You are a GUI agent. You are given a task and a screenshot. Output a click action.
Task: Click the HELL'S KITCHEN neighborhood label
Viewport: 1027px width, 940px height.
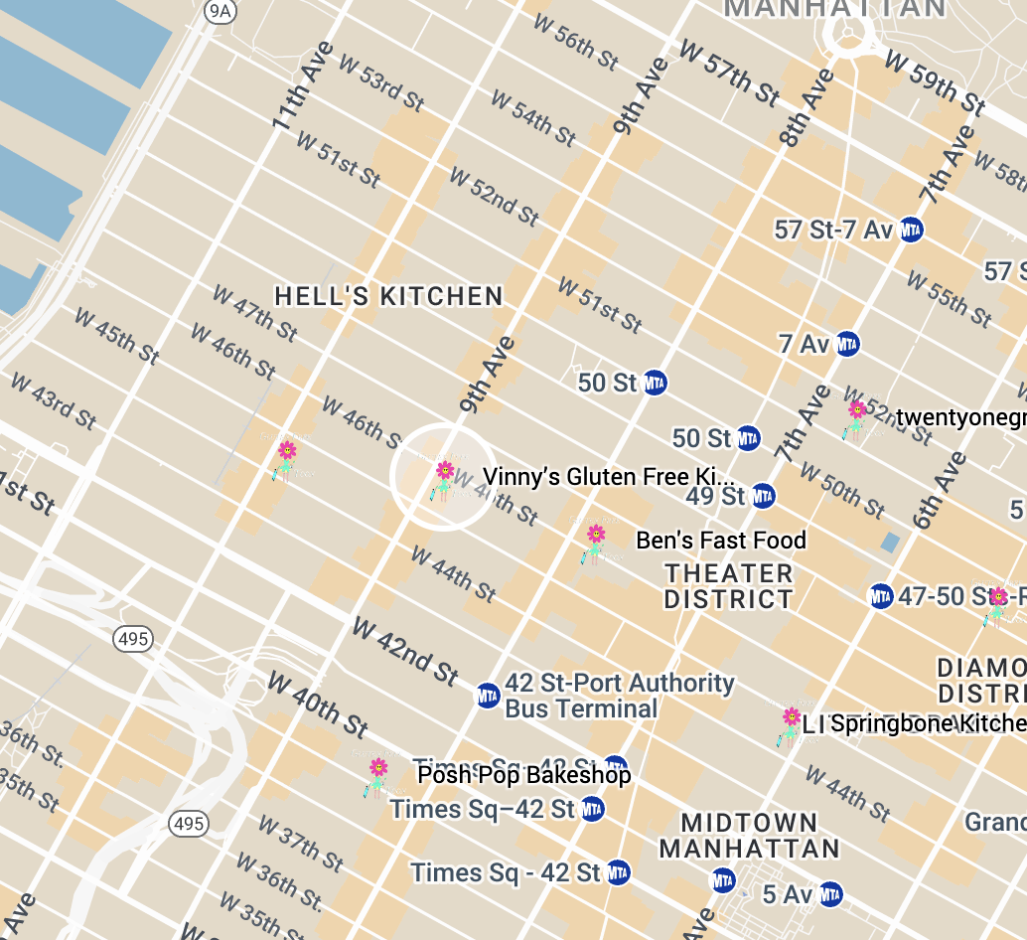point(388,296)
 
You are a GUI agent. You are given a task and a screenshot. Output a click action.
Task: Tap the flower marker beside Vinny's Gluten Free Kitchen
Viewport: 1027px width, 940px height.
point(444,478)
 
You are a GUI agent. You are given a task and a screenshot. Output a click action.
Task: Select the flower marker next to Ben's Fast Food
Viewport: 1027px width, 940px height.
point(595,543)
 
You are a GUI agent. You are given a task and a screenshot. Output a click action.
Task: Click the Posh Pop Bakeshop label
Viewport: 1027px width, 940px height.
point(523,774)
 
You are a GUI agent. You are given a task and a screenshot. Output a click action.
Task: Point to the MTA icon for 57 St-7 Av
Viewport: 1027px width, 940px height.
point(910,230)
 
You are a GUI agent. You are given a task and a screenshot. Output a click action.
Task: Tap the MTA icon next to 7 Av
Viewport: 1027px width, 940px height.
point(846,345)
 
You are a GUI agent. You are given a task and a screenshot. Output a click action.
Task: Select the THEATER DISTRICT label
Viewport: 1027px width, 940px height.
point(728,586)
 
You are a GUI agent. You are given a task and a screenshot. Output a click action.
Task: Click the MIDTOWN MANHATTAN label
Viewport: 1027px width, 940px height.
point(749,836)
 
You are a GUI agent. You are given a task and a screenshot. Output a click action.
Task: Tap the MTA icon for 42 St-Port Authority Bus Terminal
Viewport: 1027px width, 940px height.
point(488,696)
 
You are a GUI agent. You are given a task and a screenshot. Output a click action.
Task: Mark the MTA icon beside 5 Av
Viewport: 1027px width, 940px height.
point(830,893)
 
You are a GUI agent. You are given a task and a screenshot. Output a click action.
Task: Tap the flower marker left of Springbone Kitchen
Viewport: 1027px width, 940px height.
point(791,724)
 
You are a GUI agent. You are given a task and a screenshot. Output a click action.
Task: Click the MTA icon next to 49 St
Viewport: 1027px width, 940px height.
point(762,495)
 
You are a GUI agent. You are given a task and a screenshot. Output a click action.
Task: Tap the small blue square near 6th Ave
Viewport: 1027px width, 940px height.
point(890,542)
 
